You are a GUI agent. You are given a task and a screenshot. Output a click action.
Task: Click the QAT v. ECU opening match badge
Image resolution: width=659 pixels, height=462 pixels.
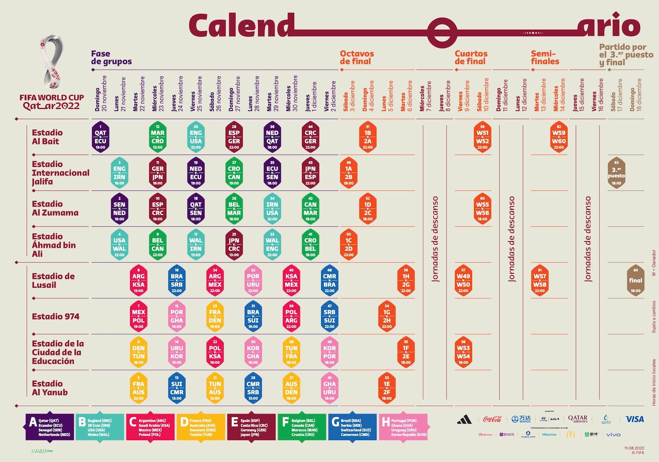[x=100, y=137]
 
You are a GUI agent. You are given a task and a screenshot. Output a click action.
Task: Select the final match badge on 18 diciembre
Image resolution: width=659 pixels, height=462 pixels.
[x=636, y=281]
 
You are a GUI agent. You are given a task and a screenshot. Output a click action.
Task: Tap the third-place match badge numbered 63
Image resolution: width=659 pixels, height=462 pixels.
[x=616, y=173]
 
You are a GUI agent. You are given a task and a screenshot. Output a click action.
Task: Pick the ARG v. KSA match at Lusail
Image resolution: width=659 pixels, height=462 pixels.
[x=139, y=281]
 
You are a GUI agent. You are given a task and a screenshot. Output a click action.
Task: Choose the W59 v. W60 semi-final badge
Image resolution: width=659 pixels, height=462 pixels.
[x=559, y=137]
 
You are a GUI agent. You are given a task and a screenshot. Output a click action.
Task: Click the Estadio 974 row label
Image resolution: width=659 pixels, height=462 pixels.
[x=56, y=317]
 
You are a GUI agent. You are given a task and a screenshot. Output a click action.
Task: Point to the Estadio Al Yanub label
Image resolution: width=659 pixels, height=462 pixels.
[x=49, y=388]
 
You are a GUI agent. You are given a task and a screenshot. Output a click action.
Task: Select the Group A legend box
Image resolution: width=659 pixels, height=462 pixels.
[x=50, y=427]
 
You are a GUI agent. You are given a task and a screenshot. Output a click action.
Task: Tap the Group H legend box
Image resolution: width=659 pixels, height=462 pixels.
[x=403, y=427]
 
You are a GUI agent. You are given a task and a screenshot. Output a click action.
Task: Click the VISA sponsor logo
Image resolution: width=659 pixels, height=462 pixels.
[x=634, y=419]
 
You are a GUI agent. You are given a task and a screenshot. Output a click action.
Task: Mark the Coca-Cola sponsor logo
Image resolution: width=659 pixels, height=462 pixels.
[x=492, y=419]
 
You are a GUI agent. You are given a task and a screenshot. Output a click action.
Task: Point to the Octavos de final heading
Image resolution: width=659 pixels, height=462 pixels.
[x=357, y=57]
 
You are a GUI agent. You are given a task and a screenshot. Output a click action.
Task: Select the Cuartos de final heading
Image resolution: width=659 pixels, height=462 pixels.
[x=471, y=57]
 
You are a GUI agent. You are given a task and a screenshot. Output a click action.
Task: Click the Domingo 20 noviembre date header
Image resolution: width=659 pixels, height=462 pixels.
[x=100, y=94]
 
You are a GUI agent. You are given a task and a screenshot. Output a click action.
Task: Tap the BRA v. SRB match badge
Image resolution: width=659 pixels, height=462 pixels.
[x=177, y=281]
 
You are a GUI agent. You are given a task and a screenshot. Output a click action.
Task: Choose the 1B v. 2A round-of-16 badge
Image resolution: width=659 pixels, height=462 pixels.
[x=368, y=137]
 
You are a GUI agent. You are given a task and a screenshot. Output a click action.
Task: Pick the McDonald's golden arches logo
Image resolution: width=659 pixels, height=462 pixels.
[x=570, y=434]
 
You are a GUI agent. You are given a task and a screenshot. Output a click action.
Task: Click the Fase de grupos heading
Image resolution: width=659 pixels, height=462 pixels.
[x=111, y=57]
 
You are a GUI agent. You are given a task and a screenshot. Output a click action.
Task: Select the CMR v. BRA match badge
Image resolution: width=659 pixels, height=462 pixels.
[x=329, y=281]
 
